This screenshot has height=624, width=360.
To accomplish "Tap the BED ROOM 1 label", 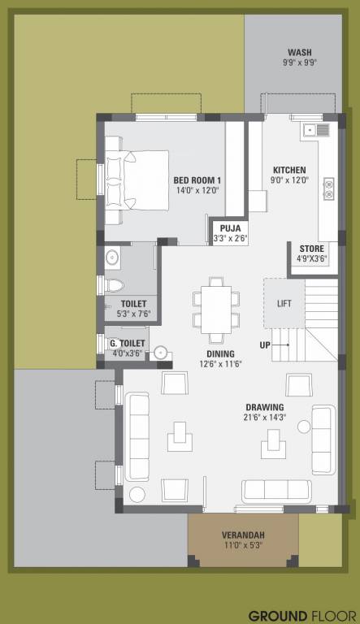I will click(197, 180).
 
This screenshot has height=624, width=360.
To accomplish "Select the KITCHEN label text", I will click(288, 169).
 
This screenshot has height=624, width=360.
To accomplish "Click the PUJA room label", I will click(230, 228).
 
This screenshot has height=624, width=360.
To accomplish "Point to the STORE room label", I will click(311, 249).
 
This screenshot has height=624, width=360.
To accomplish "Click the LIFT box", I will click(284, 303).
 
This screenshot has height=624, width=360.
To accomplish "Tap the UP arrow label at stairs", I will click(265, 344).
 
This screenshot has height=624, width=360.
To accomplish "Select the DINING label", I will click(220, 353).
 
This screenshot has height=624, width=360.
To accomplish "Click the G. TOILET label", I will click(128, 343).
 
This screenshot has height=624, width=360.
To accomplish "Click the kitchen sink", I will click(315, 129).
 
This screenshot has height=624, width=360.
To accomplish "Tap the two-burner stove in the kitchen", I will click(328, 188).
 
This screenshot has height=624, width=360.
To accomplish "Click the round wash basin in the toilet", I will click(113, 258).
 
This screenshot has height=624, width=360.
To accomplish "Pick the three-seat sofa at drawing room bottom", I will click(276, 489).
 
